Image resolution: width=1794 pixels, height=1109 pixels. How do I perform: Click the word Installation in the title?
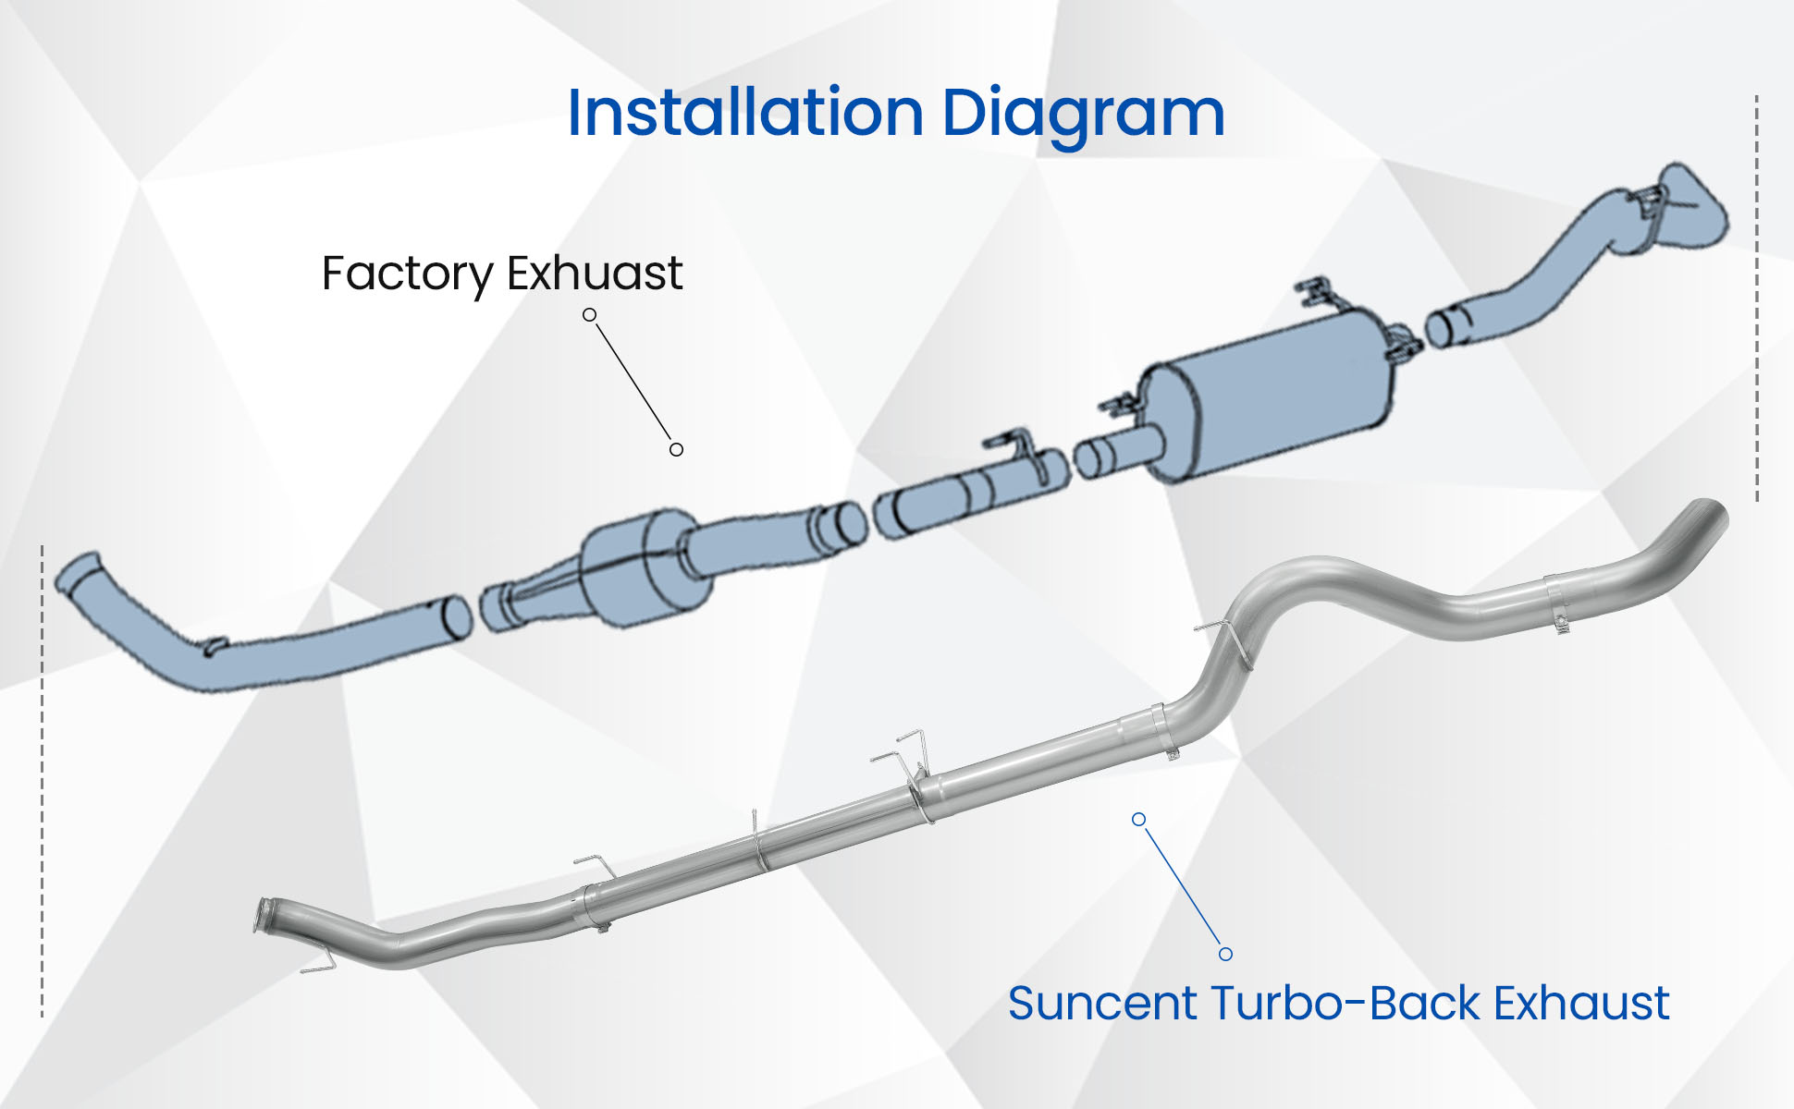pos(745,113)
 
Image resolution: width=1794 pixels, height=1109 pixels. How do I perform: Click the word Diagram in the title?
pos(1083,115)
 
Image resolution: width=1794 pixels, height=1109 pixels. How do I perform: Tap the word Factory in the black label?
pos(407,274)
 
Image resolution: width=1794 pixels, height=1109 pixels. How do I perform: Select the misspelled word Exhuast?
pos(595,274)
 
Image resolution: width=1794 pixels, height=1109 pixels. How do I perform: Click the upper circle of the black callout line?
pos(589,315)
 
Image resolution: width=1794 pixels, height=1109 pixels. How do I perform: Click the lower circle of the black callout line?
pos(676,449)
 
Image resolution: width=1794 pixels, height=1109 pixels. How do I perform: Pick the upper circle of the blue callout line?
pos(1139,820)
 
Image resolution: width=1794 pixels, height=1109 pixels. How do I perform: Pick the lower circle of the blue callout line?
pos(1225,954)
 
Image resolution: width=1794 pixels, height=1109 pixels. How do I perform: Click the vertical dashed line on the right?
pos(1756,296)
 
